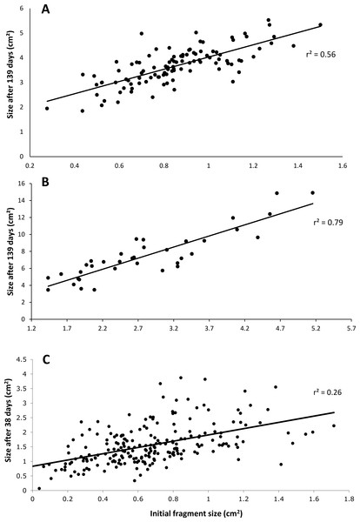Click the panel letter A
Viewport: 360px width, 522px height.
pyautogui.click(x=45, y=10)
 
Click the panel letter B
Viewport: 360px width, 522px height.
pyautogui.click(x=45, y=183)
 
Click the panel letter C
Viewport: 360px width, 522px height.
pyautogui.click(x=47, y=360)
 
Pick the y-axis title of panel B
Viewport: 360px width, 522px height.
pyautogui.click(x=11, y=251)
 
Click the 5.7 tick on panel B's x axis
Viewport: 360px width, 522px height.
pyautogui.click(x=351, y=329)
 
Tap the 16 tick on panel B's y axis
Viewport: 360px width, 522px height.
pyautogui.click(x=23, y=184)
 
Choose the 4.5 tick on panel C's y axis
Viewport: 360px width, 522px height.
pyautogui.click(x=23, y=358)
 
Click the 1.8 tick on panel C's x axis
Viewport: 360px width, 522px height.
pyautogui.click(x=349, y=499)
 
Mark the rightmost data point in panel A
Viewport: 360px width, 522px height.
pyautogui.click(x=320, y=24)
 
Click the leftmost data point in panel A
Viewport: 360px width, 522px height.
pyautogui.click(x=47, y=108)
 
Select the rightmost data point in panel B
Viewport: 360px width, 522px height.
pyautogui.click(x=313, y=193)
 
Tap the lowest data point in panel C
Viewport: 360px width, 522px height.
pyautogui.click(x=39, y=488)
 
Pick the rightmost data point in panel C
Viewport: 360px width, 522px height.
pyautogui.click(x=334, y=425)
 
